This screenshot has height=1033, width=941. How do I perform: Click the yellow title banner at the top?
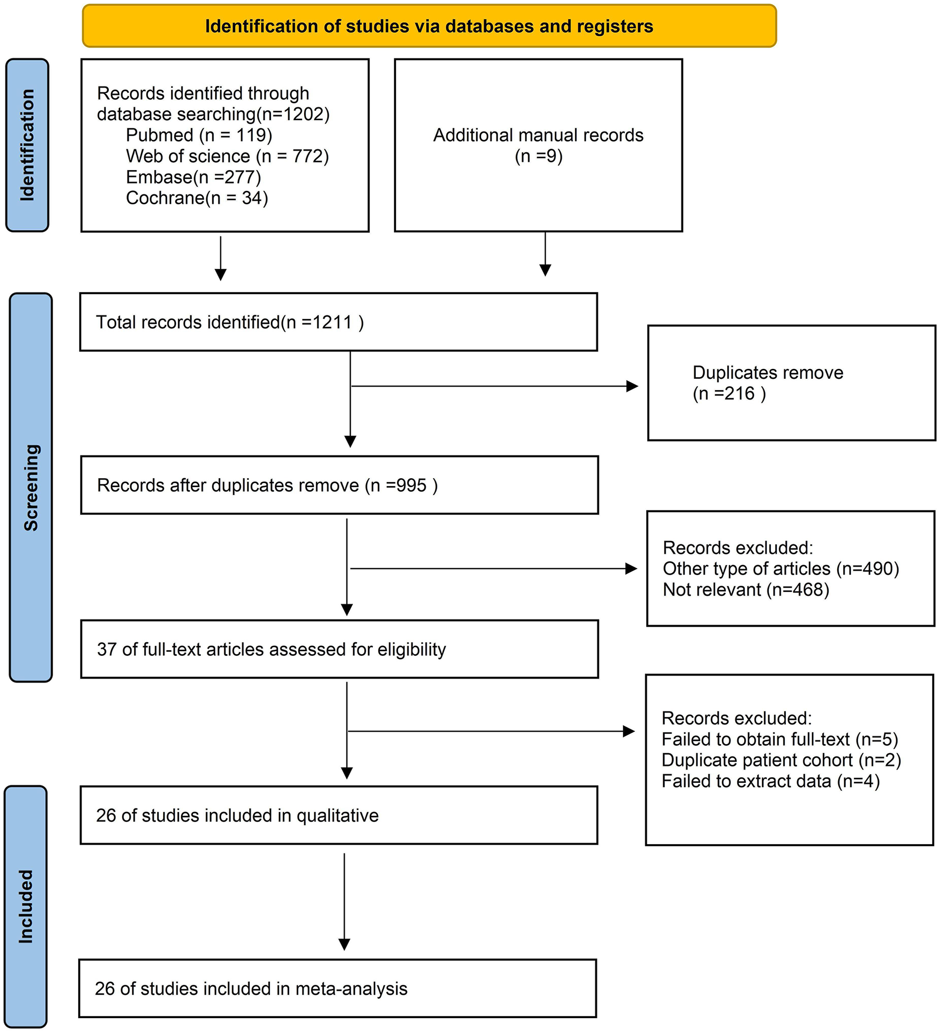pyautogui.click(x=429, y=26)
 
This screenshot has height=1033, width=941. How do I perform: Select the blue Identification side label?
pyautogui.click(x=27, y=145)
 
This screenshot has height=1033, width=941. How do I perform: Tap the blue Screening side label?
pyautogui.click(x=31, y=487)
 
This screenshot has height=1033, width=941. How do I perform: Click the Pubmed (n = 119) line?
pyautogui.click(x=199, y=135)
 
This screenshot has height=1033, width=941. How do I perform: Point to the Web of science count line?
pyautogui.click(x=228, y=156)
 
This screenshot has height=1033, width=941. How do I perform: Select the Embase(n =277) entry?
pyautogui.click(x=193, y=177)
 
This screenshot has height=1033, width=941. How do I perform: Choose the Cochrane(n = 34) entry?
pyautogui.click(x=197, y=198)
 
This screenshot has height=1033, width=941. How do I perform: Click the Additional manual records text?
pyautogui.click(x=538, y=135)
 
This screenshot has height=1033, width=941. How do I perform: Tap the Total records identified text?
pyautogui.click(x=230, y=322)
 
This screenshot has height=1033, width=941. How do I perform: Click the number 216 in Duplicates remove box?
pyautogui.click(x=739, y=394)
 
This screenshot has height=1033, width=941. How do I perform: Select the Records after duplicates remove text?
pyautogui.click(x=267, y=485)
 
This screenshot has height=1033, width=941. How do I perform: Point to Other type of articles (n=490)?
pyautogui.click(x=780, y=569)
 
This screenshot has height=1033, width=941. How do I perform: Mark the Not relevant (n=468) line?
pyautogui.click(x=745, y=590)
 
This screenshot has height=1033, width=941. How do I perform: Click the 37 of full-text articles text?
pyautogui.click(x=271, y=649)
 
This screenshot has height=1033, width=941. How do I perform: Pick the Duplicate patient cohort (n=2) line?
pyautogui.click(x=780, y=760)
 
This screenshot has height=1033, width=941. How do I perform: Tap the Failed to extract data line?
pyautogui.click(x=770, y=781)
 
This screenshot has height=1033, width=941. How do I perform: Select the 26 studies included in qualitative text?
pyautogui.click(x=237, y=815)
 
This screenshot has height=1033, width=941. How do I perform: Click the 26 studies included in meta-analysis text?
pyautogui.click(x=251, y=988)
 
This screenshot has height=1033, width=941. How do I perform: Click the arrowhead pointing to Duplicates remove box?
pyautogui.click(x=632, y=386)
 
